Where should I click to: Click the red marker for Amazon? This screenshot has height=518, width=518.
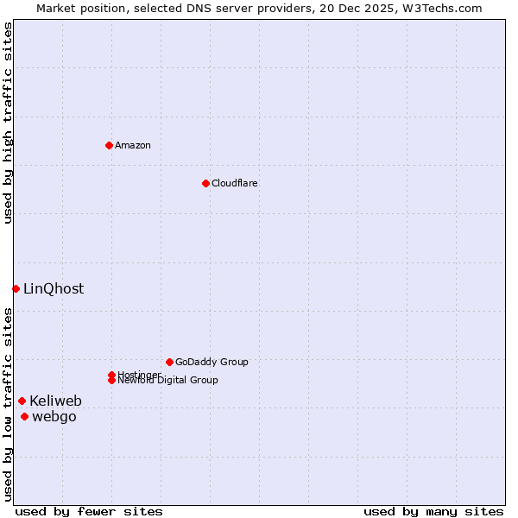point(109,145)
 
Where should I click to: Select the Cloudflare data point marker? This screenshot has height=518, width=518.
point(205,183)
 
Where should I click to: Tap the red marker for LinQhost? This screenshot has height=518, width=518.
point(16,288)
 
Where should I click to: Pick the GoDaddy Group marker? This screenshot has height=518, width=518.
point(169,362)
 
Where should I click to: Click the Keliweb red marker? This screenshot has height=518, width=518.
point(22,401)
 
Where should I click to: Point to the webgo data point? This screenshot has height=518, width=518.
point(24,417)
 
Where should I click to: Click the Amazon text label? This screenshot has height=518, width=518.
point(133,145)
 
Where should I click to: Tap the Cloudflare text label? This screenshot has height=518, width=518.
point(235,183)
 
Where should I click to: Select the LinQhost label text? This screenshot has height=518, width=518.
point(54,289)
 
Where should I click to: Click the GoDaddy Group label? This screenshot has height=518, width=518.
point(212,362)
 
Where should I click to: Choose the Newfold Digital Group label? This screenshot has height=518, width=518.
point(168,380)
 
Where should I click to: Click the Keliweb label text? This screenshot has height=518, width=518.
point(55,401)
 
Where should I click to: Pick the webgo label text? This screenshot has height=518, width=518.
point(54,417)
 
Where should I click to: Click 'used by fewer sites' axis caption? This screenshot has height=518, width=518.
point(89,511)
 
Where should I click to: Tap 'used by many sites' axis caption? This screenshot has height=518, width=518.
point(433,511)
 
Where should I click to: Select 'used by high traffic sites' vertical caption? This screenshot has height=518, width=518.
point(8,123)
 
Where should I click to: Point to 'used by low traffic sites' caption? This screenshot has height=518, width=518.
point(8,404)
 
